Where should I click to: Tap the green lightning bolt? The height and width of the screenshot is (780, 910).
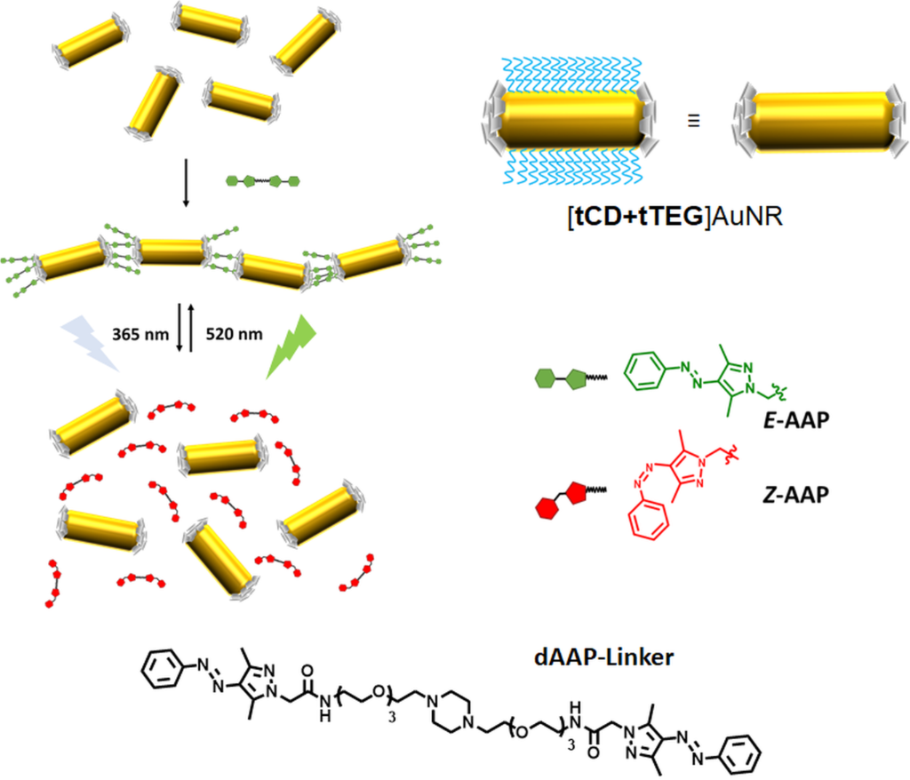pyautogui.click(x=289, y=346)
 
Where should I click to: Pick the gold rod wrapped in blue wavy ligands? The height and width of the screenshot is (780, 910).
pyautogui.click(x=570, y=121)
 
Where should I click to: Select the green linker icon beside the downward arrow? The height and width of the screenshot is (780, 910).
pyautogui.click(x=264, y=180)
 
